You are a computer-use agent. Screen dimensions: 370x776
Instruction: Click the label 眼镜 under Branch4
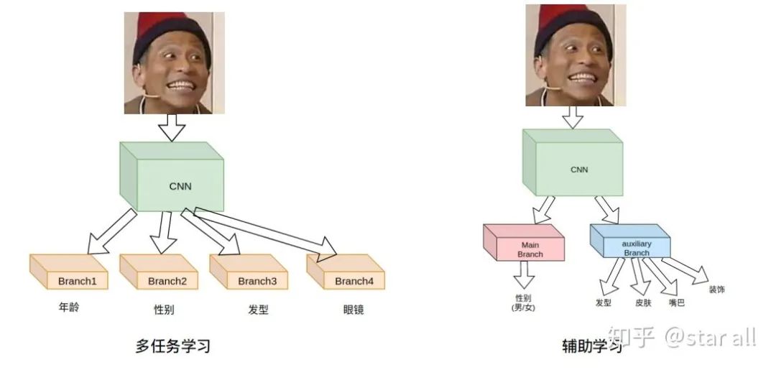354,310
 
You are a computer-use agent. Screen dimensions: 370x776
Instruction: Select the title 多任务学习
172,346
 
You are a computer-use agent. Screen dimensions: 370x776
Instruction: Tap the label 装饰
716,290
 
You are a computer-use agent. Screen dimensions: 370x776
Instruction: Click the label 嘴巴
676,302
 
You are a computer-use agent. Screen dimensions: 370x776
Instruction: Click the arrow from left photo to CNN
172,127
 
